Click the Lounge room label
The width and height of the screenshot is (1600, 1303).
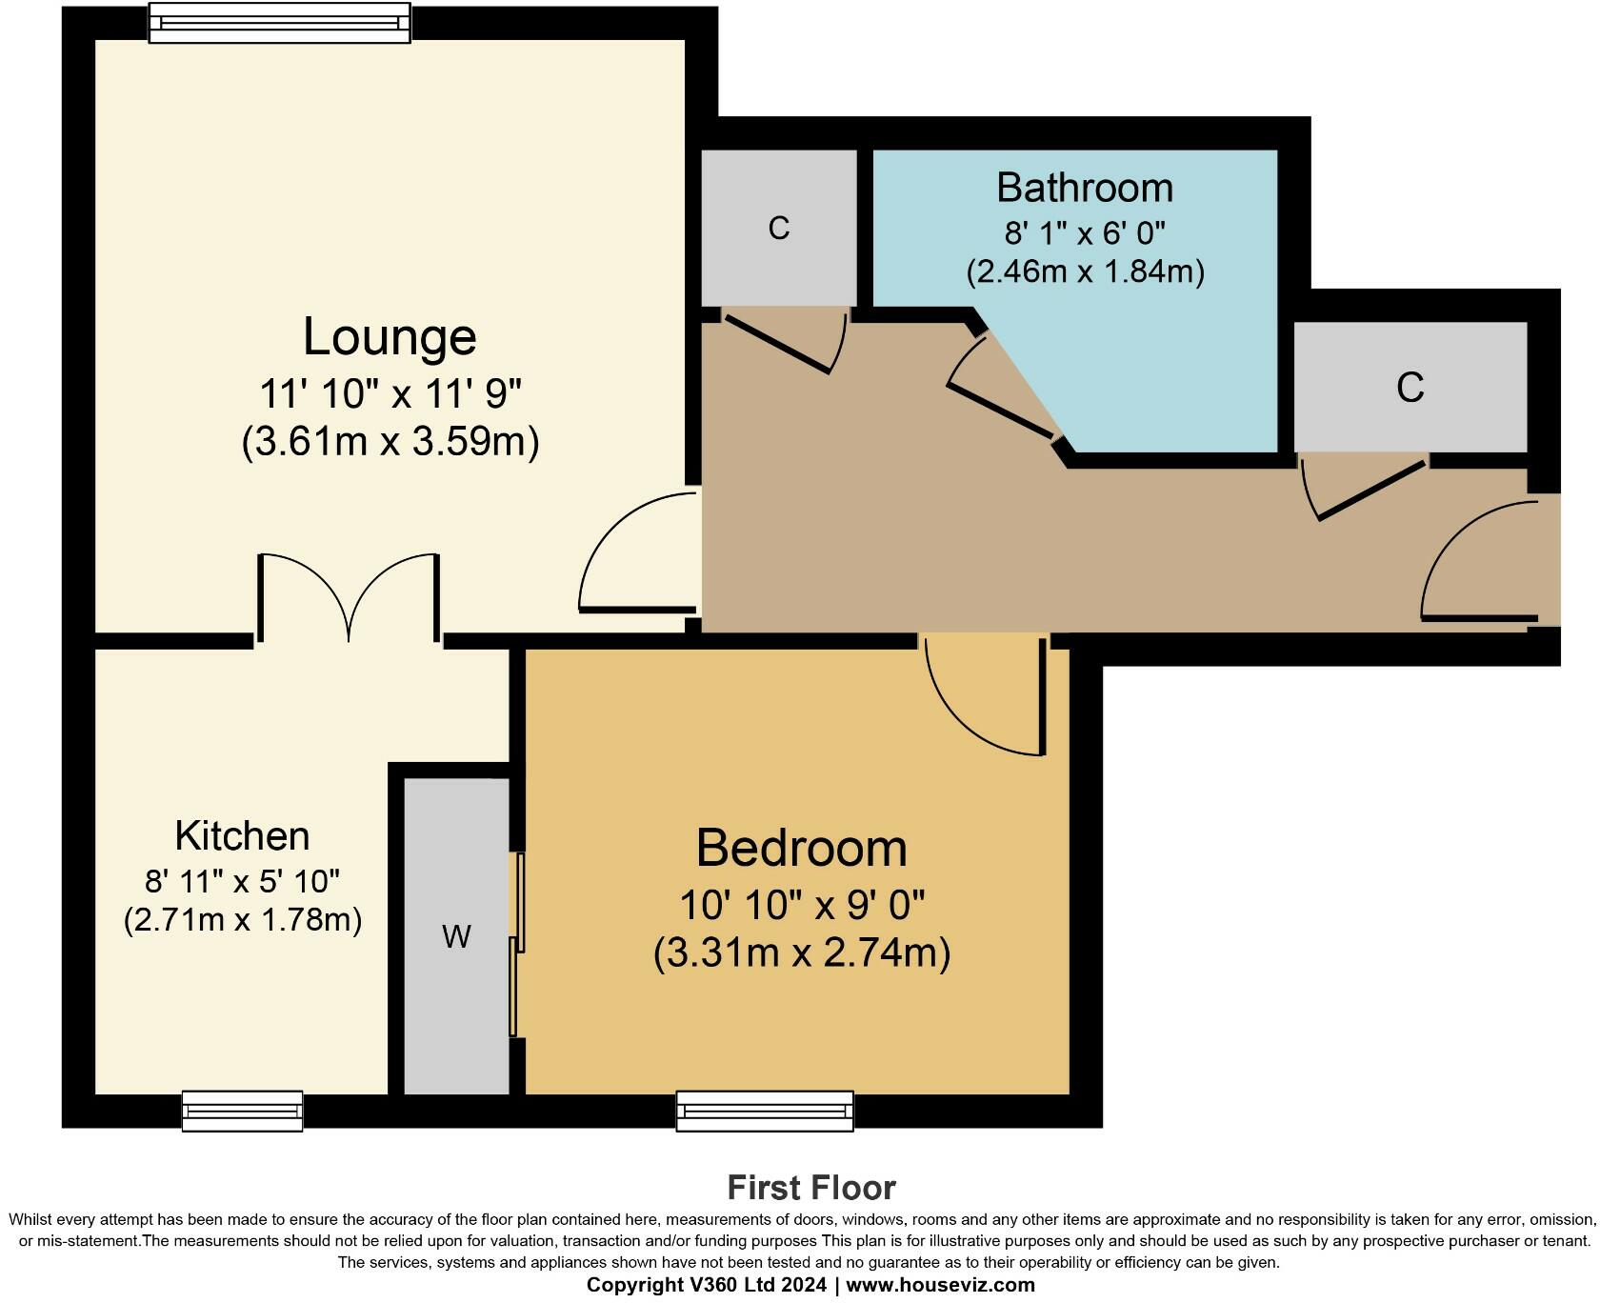[x=390, y=337]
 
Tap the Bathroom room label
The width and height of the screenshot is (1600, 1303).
[x=1084, y=188]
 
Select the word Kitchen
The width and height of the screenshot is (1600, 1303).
[x=242, y=836]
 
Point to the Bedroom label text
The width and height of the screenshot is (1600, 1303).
[x=801, y=848]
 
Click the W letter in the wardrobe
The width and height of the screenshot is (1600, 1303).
[x=456, y=937]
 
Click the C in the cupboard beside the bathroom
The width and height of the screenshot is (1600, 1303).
[x=778, y=229]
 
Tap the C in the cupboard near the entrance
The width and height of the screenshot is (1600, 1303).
[x=1410, y=388]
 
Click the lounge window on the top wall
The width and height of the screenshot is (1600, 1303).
[x=279, y=22]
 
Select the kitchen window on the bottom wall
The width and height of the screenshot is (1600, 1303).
[x=242, y=1111]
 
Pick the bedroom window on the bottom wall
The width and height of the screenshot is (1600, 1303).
[x=765, y=1111]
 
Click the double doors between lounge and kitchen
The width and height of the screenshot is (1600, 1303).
[x=349, y=595]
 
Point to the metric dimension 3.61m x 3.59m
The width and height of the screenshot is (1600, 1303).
[x=390, y=442]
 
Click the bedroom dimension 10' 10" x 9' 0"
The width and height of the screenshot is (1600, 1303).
[x=801, y=904]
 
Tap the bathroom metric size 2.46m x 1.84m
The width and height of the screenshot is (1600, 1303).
[x=1085, y=272]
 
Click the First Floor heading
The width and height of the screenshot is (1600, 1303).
[x=810, y=1188]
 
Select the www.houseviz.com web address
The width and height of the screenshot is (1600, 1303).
[x=939, y=1285]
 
